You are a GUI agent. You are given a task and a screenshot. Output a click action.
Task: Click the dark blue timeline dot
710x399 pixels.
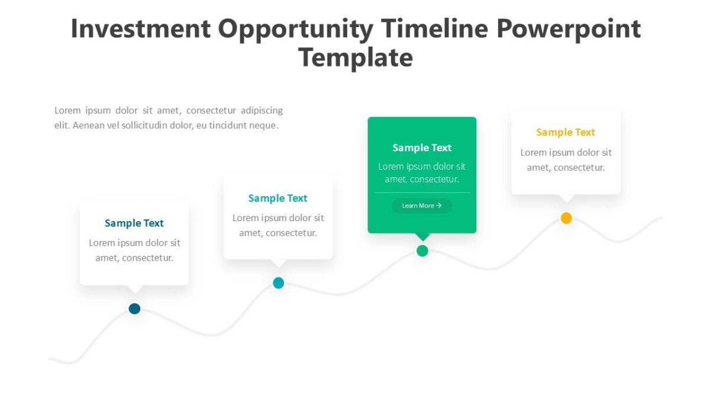(134, 309)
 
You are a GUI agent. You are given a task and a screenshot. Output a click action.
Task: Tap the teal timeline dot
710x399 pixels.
(279, 283)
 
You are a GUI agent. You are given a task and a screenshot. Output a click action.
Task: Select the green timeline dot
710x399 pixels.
(422, 251)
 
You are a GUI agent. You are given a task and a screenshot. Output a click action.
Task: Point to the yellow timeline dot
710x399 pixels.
(566, 218)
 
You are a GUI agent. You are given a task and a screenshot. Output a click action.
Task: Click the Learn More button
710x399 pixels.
(422, 206)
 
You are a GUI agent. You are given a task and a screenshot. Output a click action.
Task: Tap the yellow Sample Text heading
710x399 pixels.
(566, 132)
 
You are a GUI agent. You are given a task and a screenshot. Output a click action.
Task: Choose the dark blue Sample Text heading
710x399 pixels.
(134, 223)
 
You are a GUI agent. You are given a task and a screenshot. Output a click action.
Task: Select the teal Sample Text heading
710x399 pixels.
(278, 199)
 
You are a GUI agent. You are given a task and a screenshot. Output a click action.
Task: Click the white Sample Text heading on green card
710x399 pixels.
(422, 148)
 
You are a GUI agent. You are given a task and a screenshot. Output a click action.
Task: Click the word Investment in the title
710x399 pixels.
(140, 29)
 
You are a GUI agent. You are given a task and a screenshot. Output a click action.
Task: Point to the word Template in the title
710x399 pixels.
(356, 58)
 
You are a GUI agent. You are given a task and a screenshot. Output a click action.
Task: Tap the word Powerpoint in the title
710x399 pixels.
(569, 29)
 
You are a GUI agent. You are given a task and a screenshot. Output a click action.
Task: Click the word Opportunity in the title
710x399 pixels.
(295, 29)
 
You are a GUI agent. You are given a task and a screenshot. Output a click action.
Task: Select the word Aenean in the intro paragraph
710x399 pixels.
(89, 125)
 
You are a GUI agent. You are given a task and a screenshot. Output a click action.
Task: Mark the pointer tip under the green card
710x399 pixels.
(422, 239)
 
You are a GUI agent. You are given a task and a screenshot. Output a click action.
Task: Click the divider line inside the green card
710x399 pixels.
(422, 193)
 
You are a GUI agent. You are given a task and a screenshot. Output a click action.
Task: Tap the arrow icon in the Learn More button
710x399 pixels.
(438, 206)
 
